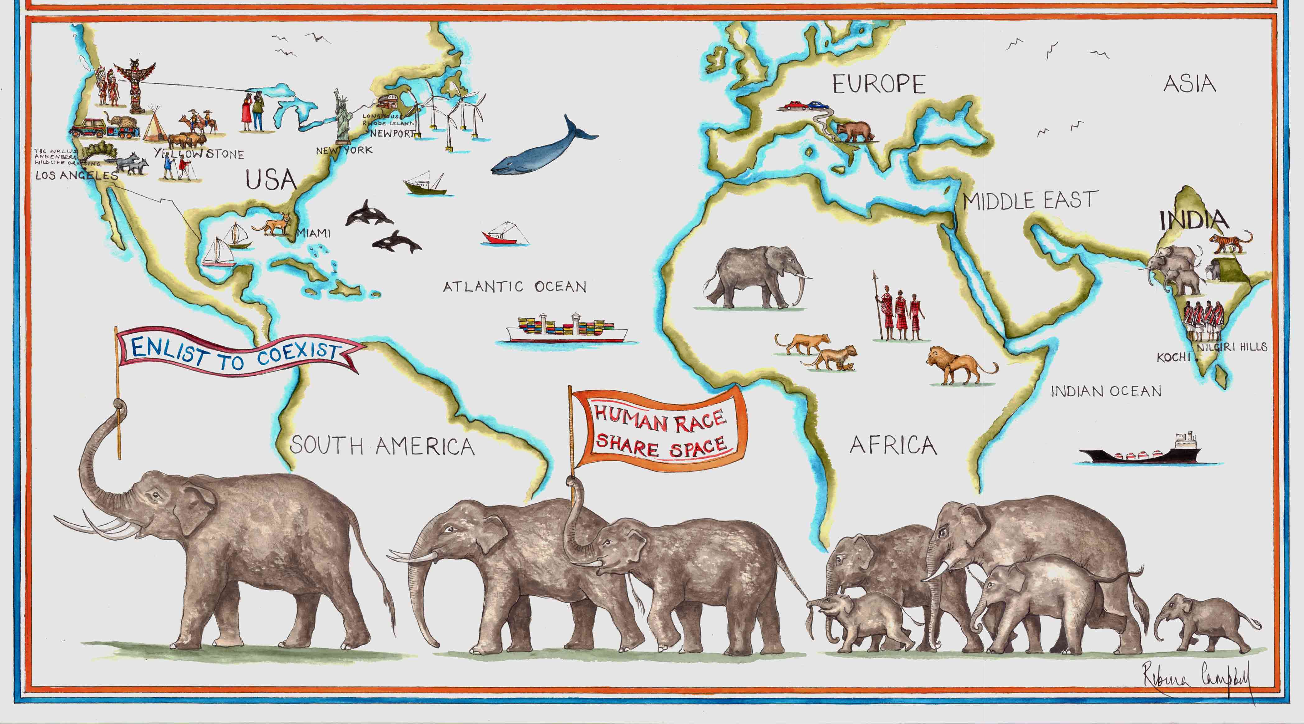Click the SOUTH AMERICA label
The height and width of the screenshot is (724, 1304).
[382, 446]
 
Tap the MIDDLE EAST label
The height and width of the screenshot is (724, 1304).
[1030, 201]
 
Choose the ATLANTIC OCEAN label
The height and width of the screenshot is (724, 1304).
[515, 286]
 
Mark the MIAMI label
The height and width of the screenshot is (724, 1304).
[314, 233]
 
